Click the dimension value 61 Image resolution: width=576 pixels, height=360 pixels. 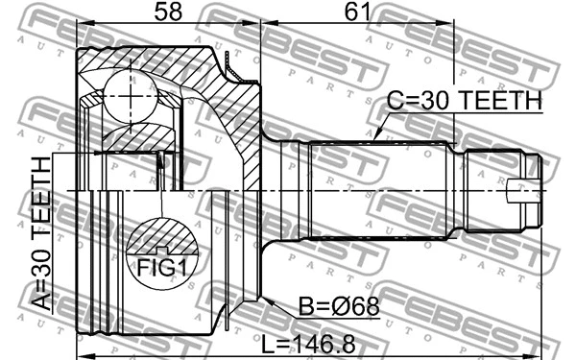(356, 12)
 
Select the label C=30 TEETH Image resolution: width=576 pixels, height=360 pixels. (464, 100)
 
